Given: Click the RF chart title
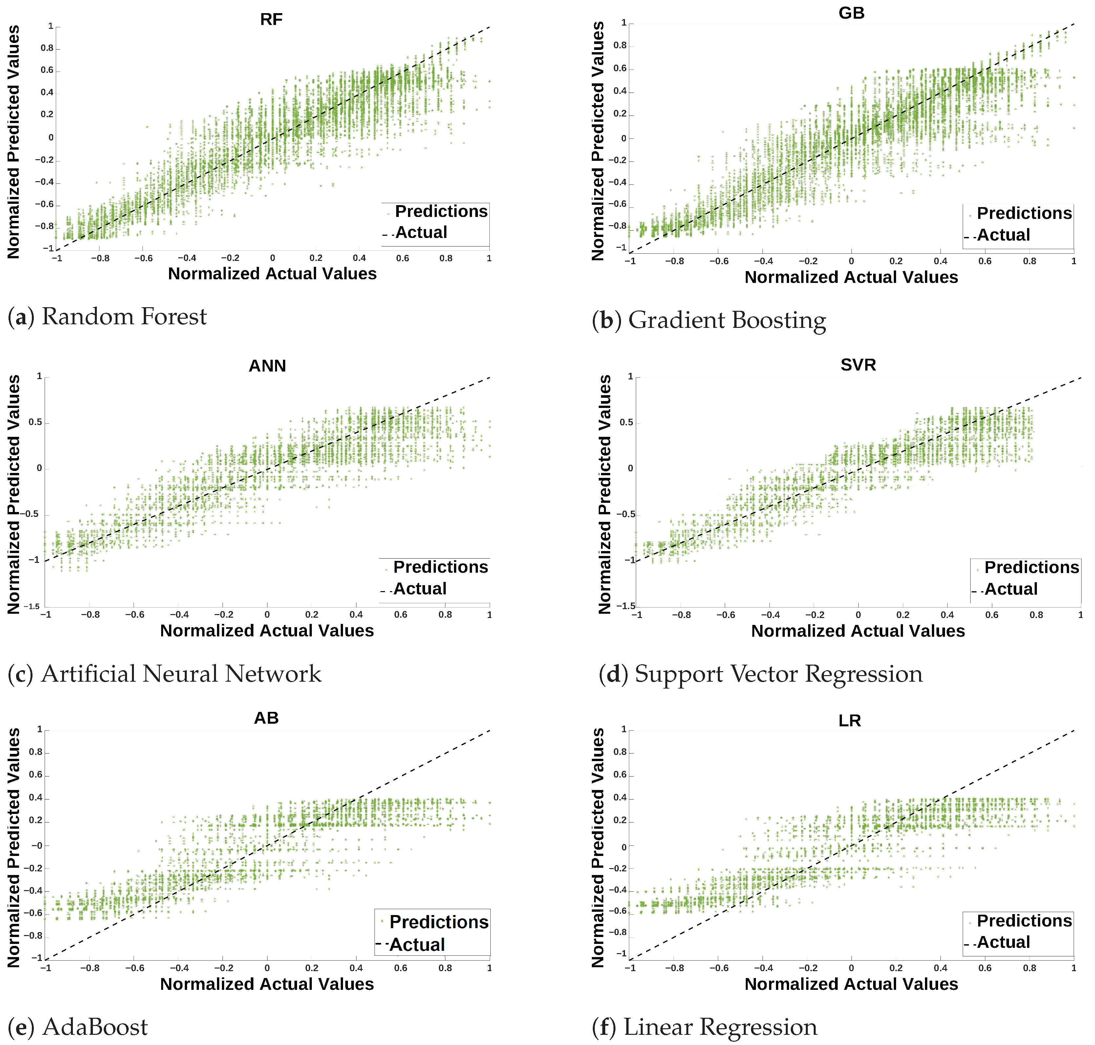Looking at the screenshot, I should pyautogui.click(x=271, y=19).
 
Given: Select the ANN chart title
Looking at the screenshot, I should pyautogui.click(x=267, y=366).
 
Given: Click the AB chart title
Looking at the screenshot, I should pyautogui.click(x=266, y=718).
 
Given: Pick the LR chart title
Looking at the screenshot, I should pyautogui.click(x=849, y=721).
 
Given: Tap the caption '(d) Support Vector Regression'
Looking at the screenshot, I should pyautogui.click(x=760, y=674).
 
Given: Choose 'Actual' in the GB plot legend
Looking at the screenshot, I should pyautogui.click(x=1003, y=235).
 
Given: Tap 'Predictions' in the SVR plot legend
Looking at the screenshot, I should pyautogui.click(x=1032, y=567).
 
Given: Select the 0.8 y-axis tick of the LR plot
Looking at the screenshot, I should pyautogui.click(x=620, y=752).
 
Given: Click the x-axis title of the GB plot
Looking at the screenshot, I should pyautogui.click(x=851, y=277).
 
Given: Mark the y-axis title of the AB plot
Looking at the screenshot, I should pyautogui.click(x=13, y=847).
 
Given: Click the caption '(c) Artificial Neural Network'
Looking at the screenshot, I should pyautogui.click(x=165, y=674).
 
